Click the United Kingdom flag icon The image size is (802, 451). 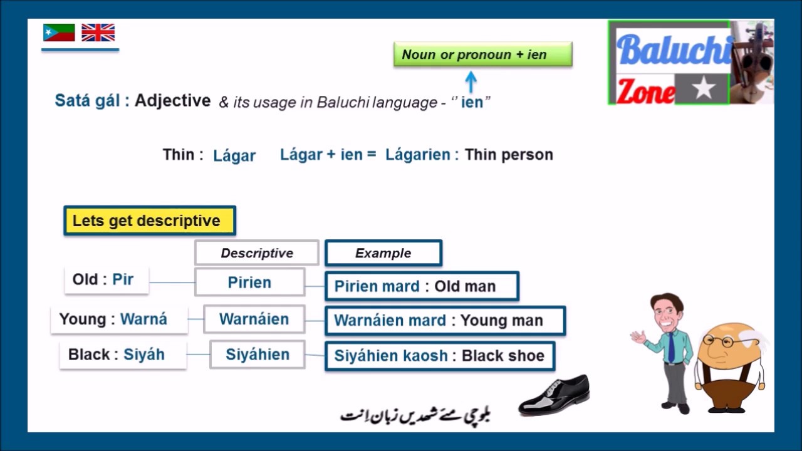(98, 33)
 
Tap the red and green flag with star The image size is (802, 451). (59, 33)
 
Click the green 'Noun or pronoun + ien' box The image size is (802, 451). (482, 54)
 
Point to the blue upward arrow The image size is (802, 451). (471, 81)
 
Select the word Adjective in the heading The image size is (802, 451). (172, 100)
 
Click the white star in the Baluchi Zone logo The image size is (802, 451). (703, 89)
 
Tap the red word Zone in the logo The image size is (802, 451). (645, 91)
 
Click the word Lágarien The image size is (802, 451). (417, 155)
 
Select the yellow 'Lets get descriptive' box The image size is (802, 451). (150, 221)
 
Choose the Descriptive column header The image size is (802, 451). (256, 253)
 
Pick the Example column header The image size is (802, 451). (383, 253)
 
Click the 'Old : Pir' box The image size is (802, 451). (106, 279)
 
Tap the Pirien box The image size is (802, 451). (249, 283)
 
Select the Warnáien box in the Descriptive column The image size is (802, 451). (254, 319)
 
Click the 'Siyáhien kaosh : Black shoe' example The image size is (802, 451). (439, 356)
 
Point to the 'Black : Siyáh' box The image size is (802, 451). (122, 355)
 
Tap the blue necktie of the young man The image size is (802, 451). (671, 347)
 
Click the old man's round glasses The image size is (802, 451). (719, 341)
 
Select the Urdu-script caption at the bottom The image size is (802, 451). (415, 415)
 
